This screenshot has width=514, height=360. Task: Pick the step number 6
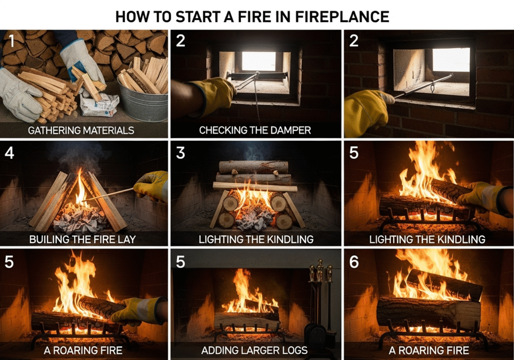click(x=353, y=263)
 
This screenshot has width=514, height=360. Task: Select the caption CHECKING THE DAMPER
click(x=255, y=130)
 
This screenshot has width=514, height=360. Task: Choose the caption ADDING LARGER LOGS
click(x=255, y=350)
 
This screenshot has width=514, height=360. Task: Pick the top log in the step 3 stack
click(x=253, y=167)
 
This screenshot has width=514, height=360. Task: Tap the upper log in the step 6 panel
click(x=444, y=284)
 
